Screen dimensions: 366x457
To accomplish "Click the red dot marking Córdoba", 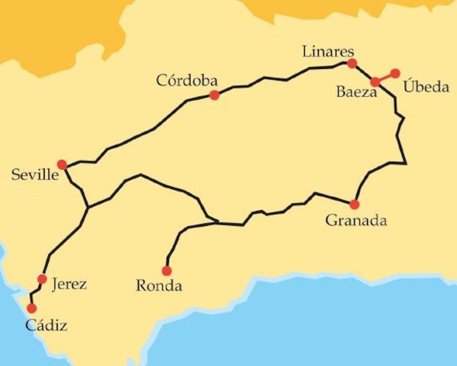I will [x=214, y=95].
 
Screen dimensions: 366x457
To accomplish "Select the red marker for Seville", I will [x=62, y=164].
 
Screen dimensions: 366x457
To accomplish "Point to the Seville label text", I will [x=35, y=175].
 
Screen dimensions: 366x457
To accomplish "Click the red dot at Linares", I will [x=351, y=63].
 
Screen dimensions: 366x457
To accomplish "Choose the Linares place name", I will [x=328, y=51].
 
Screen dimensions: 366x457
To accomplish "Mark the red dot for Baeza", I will [x=376, y=82].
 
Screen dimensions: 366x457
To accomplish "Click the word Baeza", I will [x=357, y=92].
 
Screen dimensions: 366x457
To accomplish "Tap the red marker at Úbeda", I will [x=396, y=73].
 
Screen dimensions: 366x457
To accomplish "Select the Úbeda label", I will [x=426, y=87].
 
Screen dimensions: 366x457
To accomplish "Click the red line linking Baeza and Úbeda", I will [x=386, y=77].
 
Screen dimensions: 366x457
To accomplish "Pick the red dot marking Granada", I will [x=354, y=204].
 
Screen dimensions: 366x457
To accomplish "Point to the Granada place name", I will [x=356, y=221].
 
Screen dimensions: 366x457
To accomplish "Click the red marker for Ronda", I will [x=166, y=271].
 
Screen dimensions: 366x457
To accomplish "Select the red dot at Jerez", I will [x=42, y=279].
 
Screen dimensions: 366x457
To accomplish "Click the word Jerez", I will [x=69, y=284].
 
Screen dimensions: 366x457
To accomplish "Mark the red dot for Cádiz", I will [x=31, y=308].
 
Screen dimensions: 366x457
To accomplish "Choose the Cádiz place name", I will [x=46, y=325].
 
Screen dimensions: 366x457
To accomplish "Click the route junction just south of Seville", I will [x=87, y=207].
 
